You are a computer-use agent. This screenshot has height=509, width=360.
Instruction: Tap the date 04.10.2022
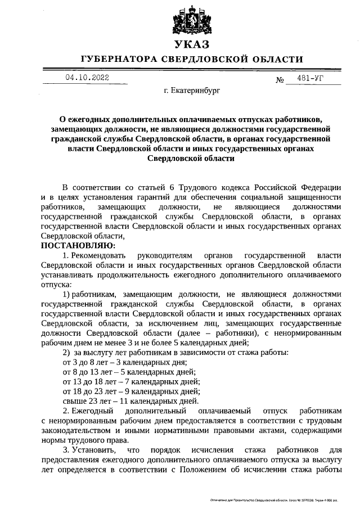click(87, 78)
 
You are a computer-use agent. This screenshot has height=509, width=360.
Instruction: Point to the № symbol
click(280, 80)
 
